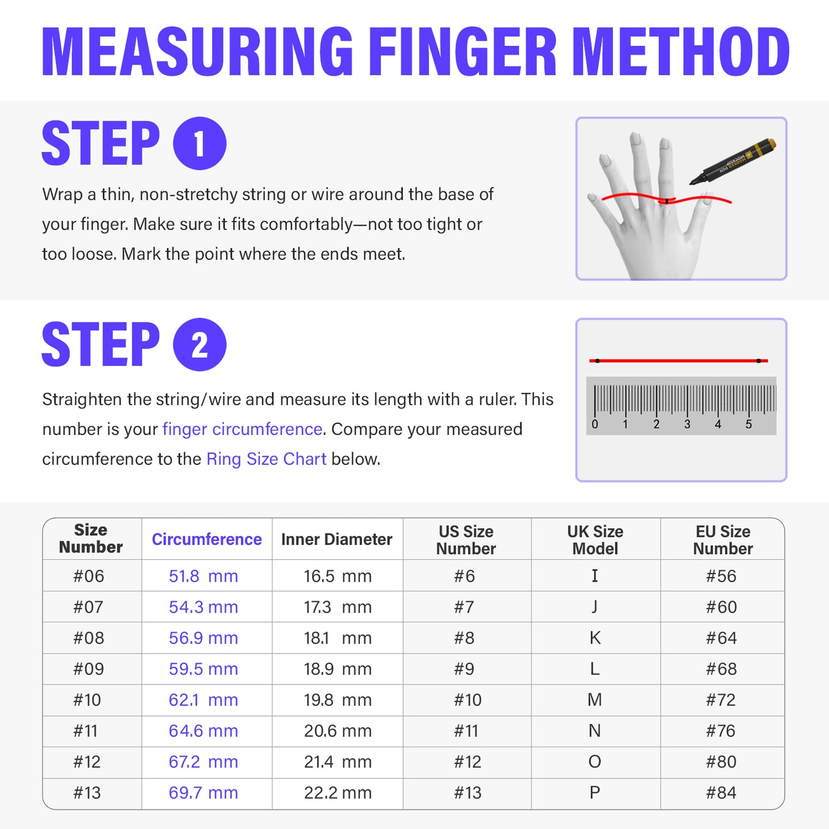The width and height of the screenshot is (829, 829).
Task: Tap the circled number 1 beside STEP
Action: (x=200, y=143)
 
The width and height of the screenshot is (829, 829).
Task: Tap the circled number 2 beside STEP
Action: (x=200, y=345)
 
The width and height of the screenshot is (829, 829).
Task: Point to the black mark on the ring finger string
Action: (x=667, y=201)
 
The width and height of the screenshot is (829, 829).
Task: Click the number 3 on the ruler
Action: (x=687, y=425)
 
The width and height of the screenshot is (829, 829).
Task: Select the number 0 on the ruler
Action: (x=595, y=425)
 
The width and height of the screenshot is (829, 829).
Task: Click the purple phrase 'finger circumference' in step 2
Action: (x=242, y=429)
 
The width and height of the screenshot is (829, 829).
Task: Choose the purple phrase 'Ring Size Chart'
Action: (x=266, y=459)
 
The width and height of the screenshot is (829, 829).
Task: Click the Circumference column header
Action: (x=207, y=539)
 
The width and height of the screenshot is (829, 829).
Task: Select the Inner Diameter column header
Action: (x=337, y=539)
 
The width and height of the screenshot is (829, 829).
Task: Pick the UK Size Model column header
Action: (x=595, y=540)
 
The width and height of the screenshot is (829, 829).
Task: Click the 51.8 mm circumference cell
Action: (x=203, y=576)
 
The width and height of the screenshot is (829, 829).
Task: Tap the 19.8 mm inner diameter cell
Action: (x=337, y=700)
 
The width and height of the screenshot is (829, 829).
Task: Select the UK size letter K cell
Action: (x=595, y=638)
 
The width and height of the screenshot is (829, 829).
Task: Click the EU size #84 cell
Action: (x=721, y=793)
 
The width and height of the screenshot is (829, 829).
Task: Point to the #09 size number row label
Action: (x=88, y=669)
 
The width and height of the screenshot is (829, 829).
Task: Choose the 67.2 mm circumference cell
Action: (x=203, y=762)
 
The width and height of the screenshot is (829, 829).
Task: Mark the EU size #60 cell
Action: (x=721, y=607)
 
